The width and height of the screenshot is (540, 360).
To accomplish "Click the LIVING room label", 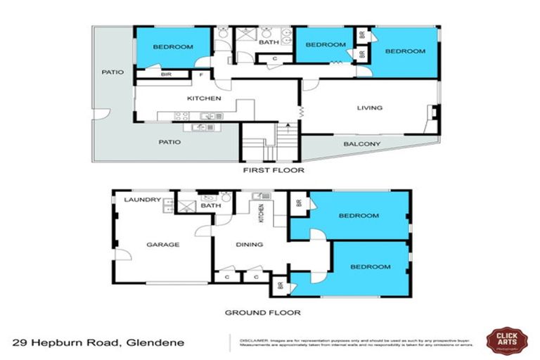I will (369, 108).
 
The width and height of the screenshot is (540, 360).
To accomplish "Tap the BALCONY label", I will (361, 144).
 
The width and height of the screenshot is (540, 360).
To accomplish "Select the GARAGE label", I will (162, 245).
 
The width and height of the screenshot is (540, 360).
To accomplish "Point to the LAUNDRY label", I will (139, 200).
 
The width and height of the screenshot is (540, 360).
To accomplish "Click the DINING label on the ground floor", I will (250, 245).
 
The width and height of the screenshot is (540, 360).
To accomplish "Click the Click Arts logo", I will (506, 340).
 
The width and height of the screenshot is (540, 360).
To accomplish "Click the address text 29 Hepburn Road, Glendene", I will (98, 342).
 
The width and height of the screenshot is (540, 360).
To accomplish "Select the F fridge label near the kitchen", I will (202, 74).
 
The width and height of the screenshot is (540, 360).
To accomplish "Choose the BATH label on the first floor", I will (268, 42).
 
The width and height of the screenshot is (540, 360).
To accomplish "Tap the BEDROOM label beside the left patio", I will (173, 47).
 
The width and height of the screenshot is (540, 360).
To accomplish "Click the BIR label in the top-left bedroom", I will (167, 74).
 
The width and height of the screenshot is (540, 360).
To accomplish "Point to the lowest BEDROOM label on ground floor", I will (370, 266).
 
